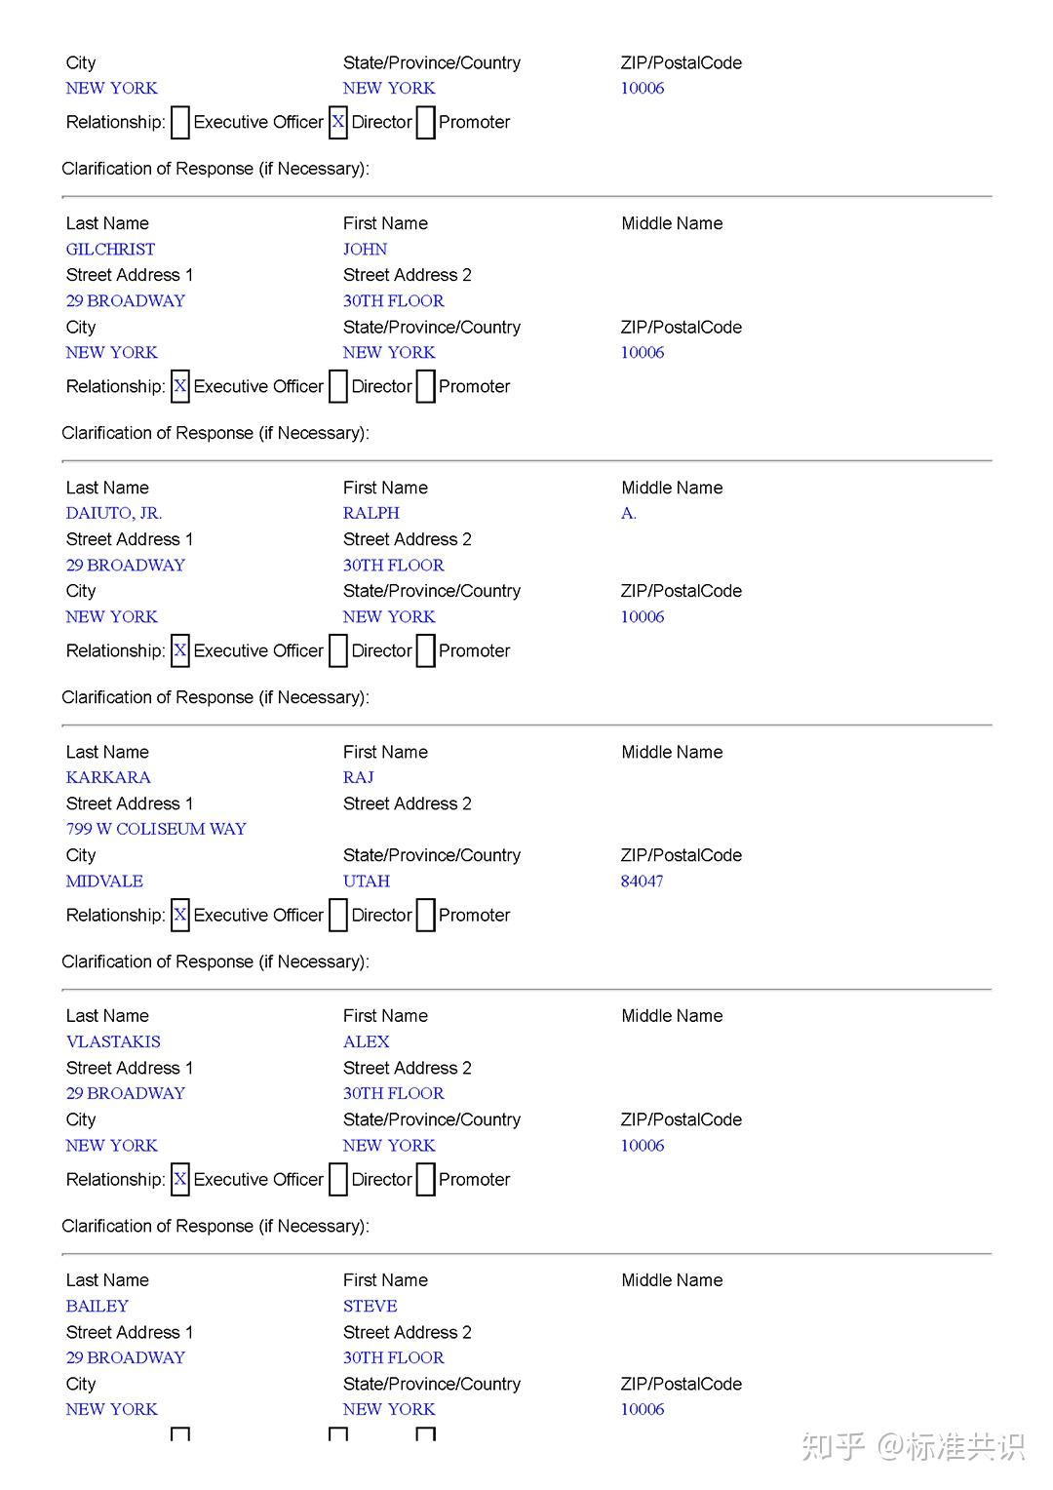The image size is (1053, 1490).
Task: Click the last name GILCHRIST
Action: click(x=110, y=250)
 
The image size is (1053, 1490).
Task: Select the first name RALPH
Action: click(x=370, y=514)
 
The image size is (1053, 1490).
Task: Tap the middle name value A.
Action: click(x=629, y=514)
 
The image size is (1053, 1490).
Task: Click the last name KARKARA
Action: click(x=108, y=778)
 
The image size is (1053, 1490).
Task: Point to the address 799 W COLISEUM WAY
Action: click(x=156, y=830)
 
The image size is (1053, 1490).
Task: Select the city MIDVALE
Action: click(x=104, y=882)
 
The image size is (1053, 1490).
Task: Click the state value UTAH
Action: click(x=366, y=882)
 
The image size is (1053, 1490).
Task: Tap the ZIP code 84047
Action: click(x=642, y=882)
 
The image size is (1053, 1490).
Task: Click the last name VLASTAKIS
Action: click(x=113, y=1042)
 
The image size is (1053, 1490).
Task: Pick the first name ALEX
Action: click(x=366, y=1042)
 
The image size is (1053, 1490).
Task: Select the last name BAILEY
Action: click(x=97, y=1307)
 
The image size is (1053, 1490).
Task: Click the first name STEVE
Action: click(x=370, y=1307)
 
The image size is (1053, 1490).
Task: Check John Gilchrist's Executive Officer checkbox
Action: click(x=180, y=387)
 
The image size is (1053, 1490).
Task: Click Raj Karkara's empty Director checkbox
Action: click(x=338, y=916)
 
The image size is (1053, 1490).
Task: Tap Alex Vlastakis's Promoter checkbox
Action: click(x=426, y=1180)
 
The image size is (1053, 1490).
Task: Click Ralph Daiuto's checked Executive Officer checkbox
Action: click(x=180, y=651)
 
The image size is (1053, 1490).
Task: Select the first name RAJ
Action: click(x=358, y=778)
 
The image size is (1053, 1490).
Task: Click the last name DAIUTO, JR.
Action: click(x=114, y=514)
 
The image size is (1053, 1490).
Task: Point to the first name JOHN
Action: click(x=365, y=250)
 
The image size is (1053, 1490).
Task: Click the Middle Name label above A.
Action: click(x=672, y=488)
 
